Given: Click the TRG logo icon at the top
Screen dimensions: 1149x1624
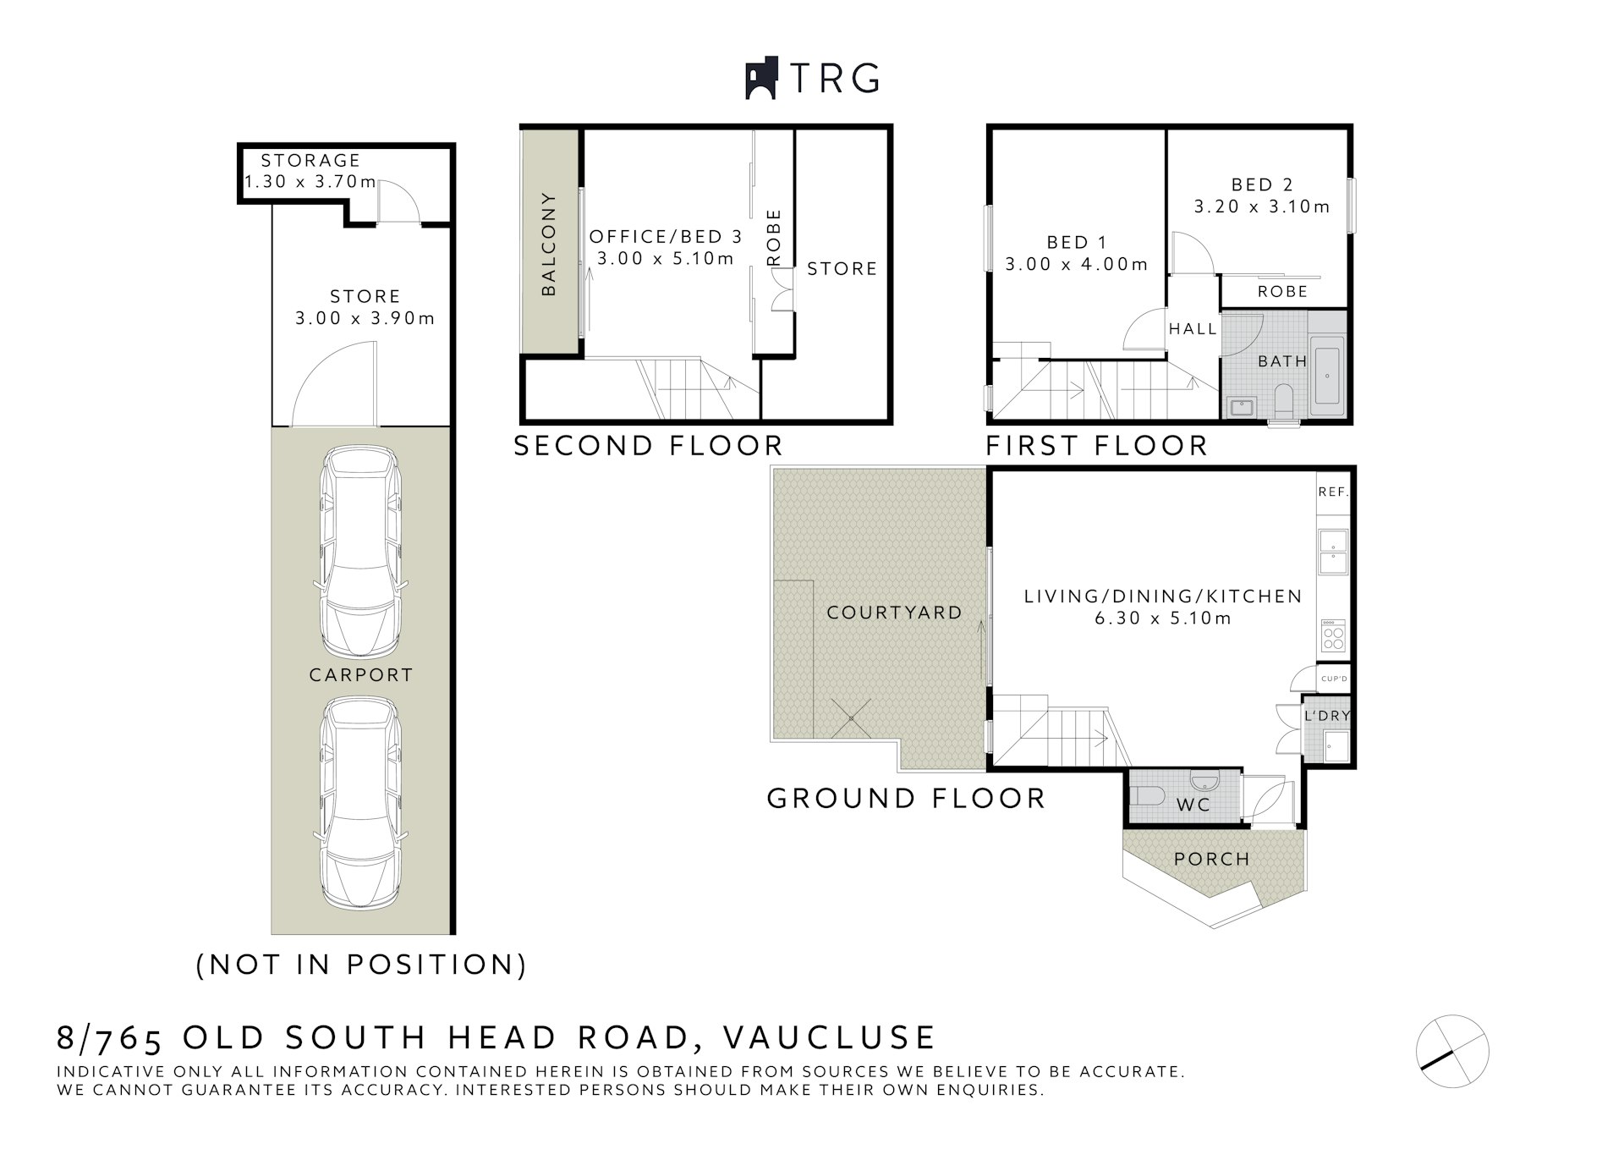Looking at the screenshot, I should (x=760, y=79).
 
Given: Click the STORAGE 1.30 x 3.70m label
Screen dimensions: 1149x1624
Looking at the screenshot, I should (x=310, y=171).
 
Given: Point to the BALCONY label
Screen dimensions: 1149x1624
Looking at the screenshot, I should (x=549, y=245).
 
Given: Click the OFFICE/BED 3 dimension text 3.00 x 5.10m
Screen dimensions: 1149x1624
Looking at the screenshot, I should (x=666, y=259).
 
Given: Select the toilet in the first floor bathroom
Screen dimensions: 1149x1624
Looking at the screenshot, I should (x=1283, y=401).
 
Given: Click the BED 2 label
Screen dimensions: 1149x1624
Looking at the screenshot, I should (x=1262, y=185).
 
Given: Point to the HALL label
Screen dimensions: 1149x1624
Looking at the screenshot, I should (x=1193, y=329).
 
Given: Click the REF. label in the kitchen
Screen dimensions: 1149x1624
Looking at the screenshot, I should (x=1333, y=492).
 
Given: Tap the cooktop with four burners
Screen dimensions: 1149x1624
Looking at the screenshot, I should (x=1333, y=635).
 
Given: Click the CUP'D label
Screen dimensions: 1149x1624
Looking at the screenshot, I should (x=1334, y=679).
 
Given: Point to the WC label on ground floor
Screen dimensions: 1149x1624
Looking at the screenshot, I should (x=1193, y=805).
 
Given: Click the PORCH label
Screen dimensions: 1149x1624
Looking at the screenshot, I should (x=1211, y=860).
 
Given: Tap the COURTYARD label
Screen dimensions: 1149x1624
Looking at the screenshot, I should (x=894, y=613).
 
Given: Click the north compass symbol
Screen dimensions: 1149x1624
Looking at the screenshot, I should (x=1452, y=1051).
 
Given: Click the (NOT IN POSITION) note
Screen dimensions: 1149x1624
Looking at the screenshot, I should (x=361, y=965).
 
